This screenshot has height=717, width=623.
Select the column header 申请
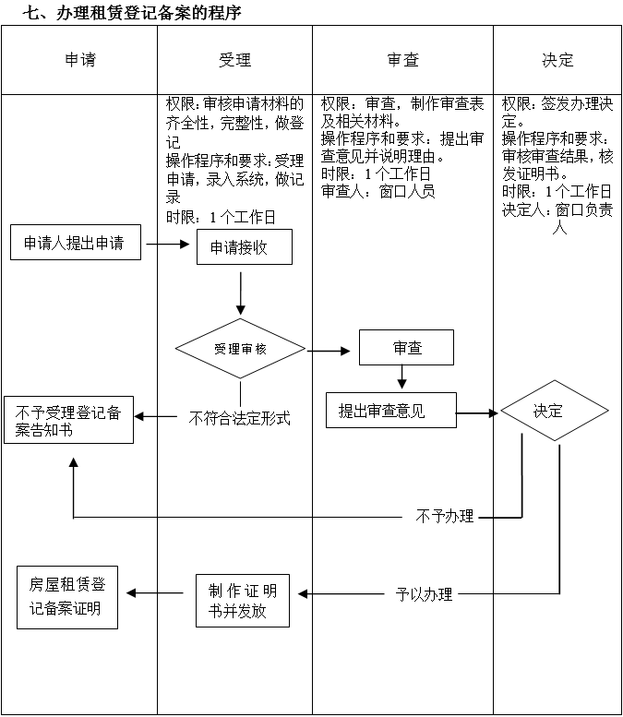pos(79,60)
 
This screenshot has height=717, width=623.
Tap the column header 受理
pos(234,60)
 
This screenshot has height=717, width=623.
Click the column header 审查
pos(402,60)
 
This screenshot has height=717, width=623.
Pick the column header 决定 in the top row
pos(557,60)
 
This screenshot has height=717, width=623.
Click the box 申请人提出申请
pos(75,244)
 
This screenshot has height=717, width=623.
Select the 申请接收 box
pos(244,246)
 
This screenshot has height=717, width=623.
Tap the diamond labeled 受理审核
pos(240,350)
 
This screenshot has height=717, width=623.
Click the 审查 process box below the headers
pos(407,348)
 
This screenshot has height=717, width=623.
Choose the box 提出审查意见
pos(390,411)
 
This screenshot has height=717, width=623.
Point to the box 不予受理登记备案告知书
pos(68,421)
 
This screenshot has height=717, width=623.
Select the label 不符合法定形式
pos(239,418)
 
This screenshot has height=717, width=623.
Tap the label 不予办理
pos(445,516)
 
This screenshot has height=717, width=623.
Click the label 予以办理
pos(425,593)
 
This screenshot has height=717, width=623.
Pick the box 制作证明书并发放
pos(243,601)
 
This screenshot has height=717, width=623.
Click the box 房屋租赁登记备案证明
pos(67,596)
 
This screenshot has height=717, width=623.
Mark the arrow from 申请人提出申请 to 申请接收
pos(167,245)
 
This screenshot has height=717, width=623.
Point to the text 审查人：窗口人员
pos(377,192)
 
